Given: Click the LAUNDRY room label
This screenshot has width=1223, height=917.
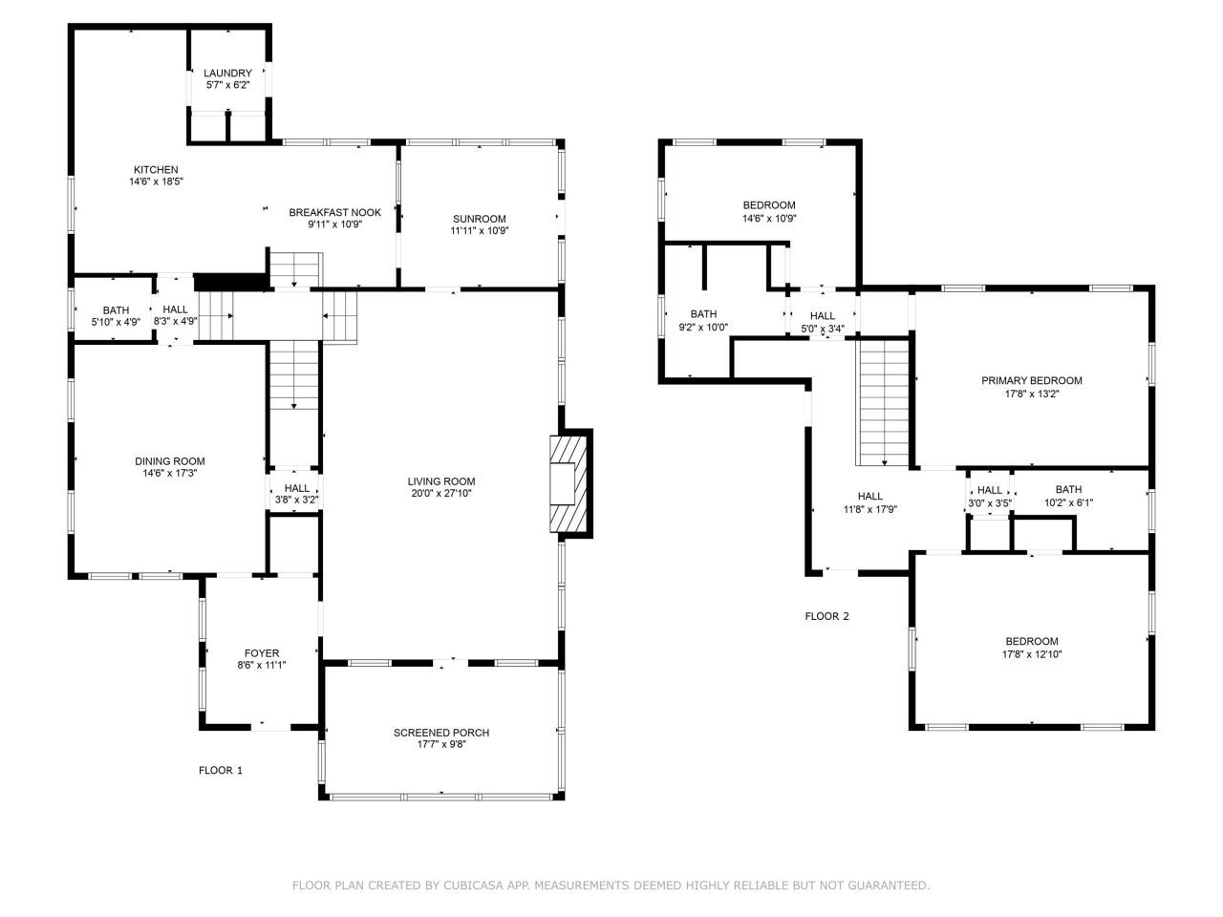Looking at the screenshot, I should click(227, 74).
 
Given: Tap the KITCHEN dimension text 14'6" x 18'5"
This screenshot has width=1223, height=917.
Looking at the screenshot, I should click(156, 181).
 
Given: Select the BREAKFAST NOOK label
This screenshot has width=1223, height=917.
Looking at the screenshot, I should click(334, 212).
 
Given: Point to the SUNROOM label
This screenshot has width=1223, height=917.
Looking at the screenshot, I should click(480, 219).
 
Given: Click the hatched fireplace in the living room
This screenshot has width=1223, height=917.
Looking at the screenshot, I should click(570, 482).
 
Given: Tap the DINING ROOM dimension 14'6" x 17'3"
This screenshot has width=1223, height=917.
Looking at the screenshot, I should click(169, 473).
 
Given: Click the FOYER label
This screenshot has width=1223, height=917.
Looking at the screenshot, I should click(262, 653).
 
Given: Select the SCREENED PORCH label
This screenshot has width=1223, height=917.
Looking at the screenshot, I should click(441, 733).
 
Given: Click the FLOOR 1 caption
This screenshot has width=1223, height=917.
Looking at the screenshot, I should click(221, 770).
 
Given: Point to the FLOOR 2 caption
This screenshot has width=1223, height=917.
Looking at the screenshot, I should click(826, 616).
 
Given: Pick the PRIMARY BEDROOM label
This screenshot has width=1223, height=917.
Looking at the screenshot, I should click(1032, 380).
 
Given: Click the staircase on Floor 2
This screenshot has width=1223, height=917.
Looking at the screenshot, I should click(885, 401).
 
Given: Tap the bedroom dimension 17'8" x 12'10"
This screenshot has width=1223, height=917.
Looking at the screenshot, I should click(1032, 654).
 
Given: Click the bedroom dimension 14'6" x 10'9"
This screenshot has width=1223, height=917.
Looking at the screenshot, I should click(769, 218).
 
